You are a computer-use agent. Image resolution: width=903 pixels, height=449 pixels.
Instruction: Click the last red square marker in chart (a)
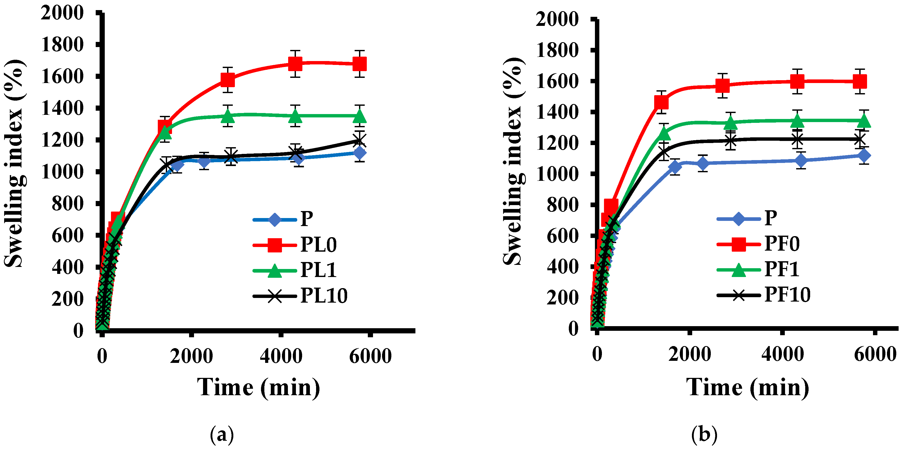coord(360,64)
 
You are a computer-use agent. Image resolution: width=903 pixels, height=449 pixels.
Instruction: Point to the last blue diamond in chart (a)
coord(360,153)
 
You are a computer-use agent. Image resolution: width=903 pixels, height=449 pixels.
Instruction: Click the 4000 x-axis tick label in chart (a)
coord(281,356)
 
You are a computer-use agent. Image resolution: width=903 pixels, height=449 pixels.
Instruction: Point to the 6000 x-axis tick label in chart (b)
coord(875,354)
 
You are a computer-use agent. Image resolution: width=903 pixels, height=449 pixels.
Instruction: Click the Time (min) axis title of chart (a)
coord(259,387)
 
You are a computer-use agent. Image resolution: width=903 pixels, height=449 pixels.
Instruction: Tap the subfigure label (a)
coord(221,435)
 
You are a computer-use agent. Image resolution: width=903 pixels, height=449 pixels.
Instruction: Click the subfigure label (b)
coord(704,435)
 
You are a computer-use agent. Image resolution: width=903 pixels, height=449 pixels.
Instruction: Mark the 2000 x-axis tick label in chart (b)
coord(690,354)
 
